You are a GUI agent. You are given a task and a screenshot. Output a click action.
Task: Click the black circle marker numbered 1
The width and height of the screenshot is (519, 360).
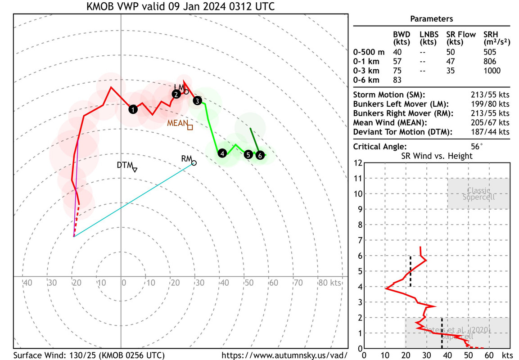[133, 109]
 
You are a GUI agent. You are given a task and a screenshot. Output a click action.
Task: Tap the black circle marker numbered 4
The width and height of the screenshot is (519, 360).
[222, 153]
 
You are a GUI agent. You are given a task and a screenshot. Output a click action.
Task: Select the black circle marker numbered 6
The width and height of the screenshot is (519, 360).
[260, 155]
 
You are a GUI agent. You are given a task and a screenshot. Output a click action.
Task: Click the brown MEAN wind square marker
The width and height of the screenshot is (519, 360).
[190, 127]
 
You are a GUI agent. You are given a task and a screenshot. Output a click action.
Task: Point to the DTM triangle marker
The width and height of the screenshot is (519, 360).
[135, 169]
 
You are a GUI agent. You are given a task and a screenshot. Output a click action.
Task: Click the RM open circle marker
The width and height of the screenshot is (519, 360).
[194, 163]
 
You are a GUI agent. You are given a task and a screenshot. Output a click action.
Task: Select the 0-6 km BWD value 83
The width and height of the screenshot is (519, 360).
[398, 80]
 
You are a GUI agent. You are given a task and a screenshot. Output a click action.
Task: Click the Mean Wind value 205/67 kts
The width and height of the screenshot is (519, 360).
[490, 122]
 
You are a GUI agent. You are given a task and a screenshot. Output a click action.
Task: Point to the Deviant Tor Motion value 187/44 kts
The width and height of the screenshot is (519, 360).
[490, 132]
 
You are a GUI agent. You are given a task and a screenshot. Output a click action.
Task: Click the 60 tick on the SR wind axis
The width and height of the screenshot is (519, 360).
[489, 355]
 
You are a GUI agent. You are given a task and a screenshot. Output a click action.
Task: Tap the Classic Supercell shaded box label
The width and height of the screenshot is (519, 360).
[478, 194]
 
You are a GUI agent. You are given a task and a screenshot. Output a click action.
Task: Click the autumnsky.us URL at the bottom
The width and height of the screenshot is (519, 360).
[285, 355]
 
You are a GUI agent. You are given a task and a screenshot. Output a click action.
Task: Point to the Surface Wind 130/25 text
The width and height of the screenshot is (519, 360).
[89, 355]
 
